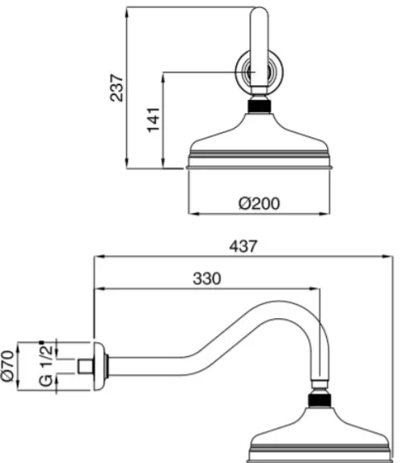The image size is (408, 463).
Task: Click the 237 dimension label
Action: pos(116,88)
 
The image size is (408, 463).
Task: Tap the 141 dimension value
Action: pos(153,120)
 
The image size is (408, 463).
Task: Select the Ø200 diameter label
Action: pos(259,203)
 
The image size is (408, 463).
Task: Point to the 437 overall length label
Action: pos(243,246)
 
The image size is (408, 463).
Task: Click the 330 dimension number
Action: pos(206,278)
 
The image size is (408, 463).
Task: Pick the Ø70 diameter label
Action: pos(7,367)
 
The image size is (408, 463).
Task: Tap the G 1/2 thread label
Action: pos(46,366)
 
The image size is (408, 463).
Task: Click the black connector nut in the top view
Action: pos(259,106)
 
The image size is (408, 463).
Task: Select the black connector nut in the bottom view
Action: pos(320,400)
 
